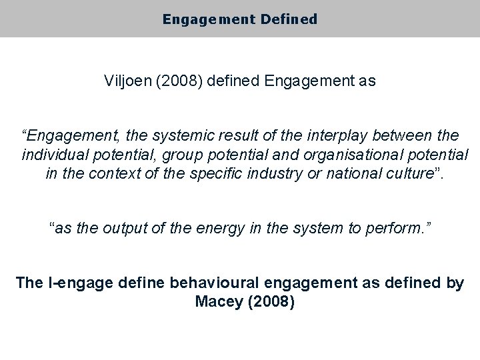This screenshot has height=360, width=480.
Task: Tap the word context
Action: click(x=110, y=175)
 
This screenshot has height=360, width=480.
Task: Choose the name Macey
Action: click(x=218, y=301)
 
